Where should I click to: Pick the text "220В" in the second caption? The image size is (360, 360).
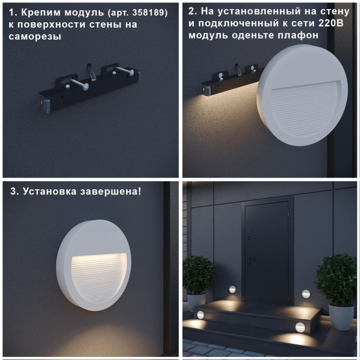(307, 23)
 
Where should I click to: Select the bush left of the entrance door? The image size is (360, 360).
(199, 275)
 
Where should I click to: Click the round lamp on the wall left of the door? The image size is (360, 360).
(232, 289)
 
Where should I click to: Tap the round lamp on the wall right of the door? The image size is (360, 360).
(307, 294)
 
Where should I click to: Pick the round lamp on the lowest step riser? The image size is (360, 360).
(300, 327)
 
